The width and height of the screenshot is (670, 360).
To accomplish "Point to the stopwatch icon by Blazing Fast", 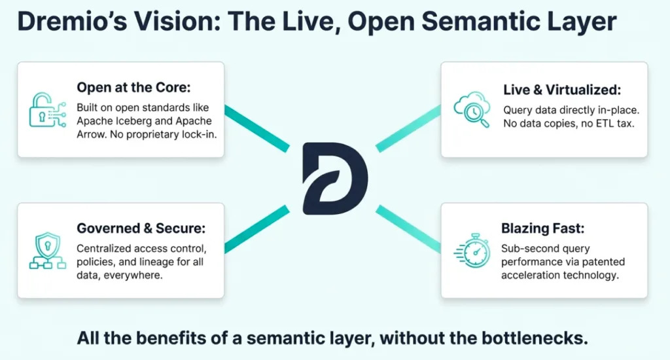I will (471, 251).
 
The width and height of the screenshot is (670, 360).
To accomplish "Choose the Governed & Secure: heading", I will (141, 228).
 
